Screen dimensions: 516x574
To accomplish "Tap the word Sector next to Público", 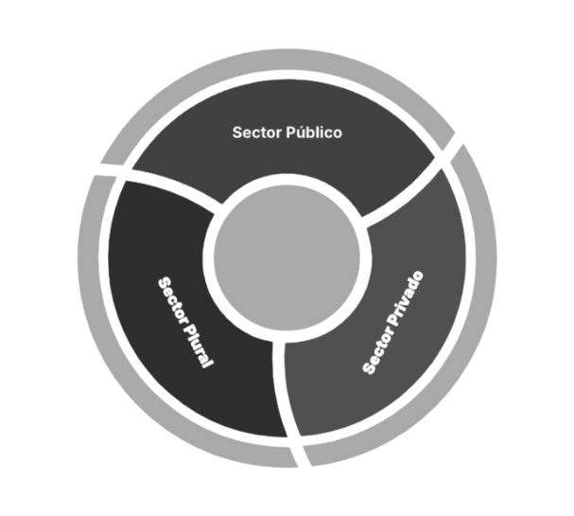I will (257, 133).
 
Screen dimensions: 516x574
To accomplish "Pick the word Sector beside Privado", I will (378, 354).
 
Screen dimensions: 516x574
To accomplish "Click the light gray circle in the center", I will (287, 259).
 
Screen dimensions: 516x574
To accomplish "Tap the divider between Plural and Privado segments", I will (281, 388).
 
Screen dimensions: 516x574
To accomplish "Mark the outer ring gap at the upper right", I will (454, 151).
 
